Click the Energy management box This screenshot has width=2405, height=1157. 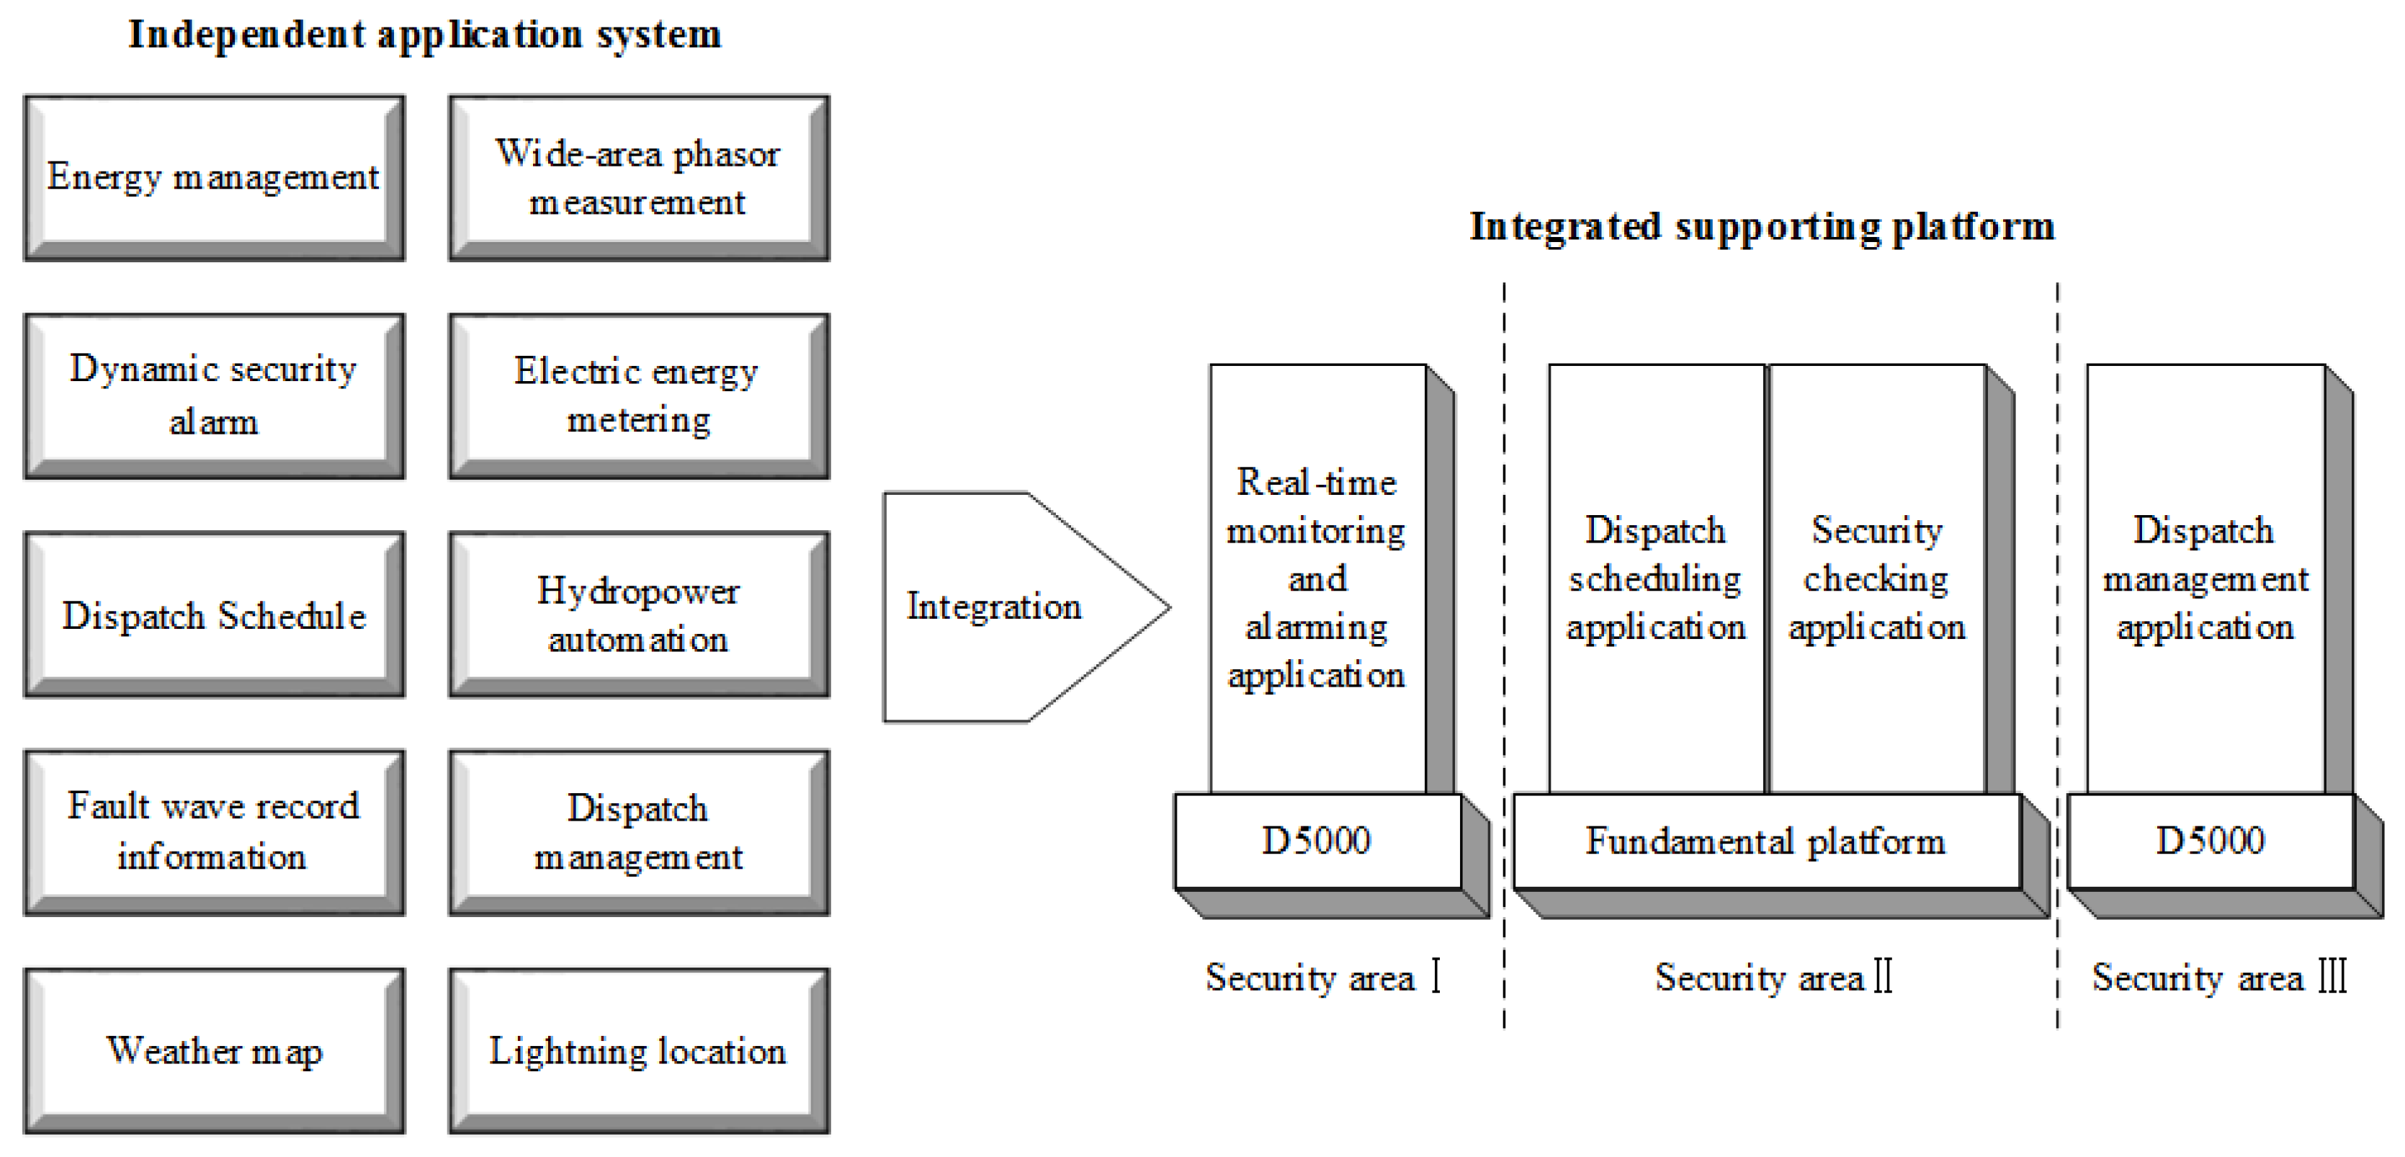(214, 177)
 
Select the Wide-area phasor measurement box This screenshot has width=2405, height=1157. (639, 177)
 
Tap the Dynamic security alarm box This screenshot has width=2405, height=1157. (214, 396)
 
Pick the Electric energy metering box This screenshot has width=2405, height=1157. (639, 396)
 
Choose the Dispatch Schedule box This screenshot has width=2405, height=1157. (214, 615)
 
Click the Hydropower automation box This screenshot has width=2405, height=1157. (639, 615)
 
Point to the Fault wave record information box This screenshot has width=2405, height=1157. (214, 832)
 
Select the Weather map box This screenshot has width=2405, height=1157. (214, 1050)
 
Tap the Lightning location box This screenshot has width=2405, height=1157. (639, 1050)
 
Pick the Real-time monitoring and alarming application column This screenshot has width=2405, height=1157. (1317, 579)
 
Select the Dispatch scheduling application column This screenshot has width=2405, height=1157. (1655, 579)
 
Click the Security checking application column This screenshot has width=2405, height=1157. (1876, 579)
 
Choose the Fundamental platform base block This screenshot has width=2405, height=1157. (1765, 841)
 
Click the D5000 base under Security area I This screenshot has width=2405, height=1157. (1317, 841)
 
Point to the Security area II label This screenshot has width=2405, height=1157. (1773, 978)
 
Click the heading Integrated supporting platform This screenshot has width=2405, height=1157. (1762, 227)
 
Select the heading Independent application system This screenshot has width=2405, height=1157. (425, 35)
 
